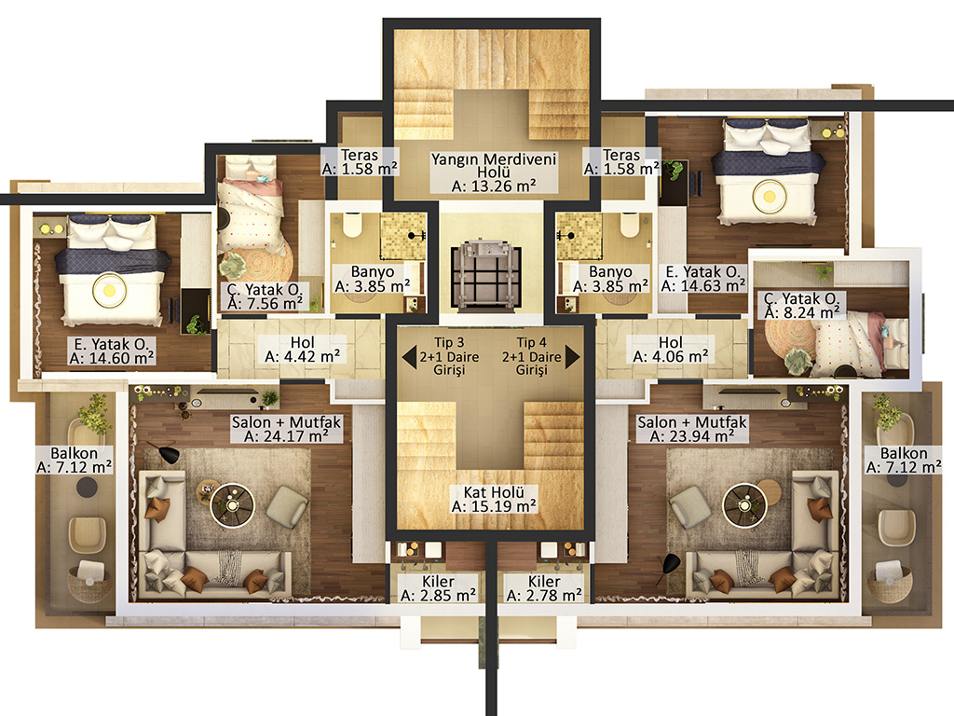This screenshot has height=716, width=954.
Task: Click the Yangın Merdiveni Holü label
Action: (494, 172)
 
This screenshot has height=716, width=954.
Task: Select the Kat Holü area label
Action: (494, 499)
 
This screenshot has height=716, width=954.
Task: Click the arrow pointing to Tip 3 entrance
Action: (409, 357)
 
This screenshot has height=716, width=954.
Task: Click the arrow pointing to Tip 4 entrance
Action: (573, 357)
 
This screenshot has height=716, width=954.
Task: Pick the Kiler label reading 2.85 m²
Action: (438, 588)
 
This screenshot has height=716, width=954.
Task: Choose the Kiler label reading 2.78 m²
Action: (544, 588)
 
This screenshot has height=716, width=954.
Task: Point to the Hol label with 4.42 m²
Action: (303, 350)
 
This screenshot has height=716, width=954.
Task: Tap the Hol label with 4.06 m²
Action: (671, 350)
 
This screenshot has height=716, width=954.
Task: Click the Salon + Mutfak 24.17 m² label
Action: (286, 429)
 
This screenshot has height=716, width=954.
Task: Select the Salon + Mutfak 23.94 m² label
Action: (692, 429)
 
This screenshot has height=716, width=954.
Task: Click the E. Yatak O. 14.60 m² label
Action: (112, 351)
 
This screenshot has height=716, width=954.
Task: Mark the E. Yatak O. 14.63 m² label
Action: (703, 279)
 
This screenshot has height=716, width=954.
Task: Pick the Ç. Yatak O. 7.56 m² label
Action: (265, 296)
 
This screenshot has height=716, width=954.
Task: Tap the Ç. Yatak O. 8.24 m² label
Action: (801, 306)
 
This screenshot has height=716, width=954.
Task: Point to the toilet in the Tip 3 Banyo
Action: (352, 225)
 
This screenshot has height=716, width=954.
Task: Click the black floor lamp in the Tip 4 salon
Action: (671, 564)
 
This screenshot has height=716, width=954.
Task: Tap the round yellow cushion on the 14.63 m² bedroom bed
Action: (770, 197)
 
